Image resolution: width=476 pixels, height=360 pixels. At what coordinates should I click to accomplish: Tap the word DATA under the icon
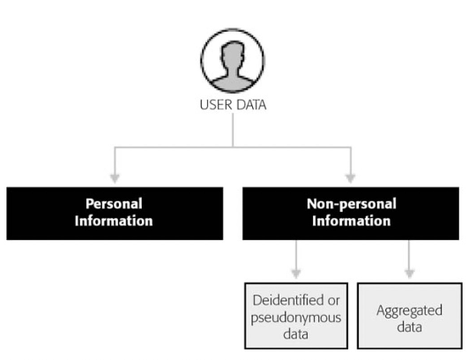pyautogui.click(x=251, y=105)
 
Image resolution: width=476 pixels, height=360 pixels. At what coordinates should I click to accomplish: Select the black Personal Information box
pyautogui.click(x=115, y=214)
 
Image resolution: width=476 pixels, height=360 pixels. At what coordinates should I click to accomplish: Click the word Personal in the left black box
pyautogui.click(x=114, y=204)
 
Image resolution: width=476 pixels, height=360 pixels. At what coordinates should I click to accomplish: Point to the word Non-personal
pyautogui.click(x=352, y=204)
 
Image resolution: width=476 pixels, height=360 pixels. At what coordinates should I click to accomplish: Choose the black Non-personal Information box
pyautogui.click(x=351, y=214)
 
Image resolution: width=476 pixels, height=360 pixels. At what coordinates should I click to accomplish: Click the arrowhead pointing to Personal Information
pyautogui.click(x=115, y=178)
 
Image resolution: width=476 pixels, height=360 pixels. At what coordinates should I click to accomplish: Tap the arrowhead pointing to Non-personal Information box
pyautogui.click(x=351, y=178)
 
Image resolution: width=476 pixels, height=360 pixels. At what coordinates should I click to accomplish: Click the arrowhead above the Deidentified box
pyautogui.click(x=296, y=274)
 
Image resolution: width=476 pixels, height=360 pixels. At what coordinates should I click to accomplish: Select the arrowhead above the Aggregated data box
pyautogui.click(x=409, y=274)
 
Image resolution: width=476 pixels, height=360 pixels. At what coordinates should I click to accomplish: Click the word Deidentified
pyautogui.click(x=288, y=301)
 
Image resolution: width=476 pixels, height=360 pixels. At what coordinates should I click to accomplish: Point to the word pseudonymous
pyautogui.click(x=296, y=318)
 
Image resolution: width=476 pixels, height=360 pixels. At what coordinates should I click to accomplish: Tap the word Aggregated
pyautogui.click(x=409, y=311)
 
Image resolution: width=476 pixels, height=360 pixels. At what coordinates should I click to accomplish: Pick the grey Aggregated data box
pyautogui.click(x=410, y=316)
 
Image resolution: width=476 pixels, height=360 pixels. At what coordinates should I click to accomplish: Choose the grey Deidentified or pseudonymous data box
pyautogui.click(x=296, y=316)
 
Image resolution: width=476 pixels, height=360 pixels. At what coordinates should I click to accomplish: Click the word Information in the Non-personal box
pyautogui.click(x=351, y=221)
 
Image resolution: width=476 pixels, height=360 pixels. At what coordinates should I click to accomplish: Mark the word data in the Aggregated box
pyautogui.click(x=410, y=327)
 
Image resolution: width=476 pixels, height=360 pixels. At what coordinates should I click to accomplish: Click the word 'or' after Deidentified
pyautogui.click(x=333, y=301)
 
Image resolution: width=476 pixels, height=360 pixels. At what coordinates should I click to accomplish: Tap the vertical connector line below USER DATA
pyautogui.click(x=233, y=131)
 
